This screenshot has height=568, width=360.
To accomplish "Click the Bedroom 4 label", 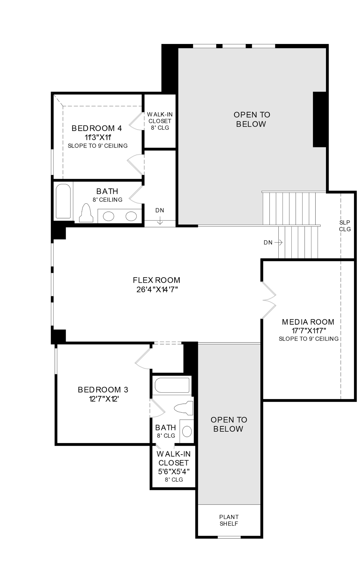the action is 97,128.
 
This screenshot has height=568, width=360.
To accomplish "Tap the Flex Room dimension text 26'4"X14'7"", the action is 157,290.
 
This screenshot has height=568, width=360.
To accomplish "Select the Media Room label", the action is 308,322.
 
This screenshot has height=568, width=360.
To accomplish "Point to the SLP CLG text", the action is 345,226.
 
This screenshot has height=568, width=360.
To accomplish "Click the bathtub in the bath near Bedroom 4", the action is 63,201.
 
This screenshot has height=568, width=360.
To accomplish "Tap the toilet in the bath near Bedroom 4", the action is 86,213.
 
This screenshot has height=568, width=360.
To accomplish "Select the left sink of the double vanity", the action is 108,217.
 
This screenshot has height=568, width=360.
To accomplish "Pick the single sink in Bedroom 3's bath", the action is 187,431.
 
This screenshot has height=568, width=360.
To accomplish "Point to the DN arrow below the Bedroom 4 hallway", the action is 160,221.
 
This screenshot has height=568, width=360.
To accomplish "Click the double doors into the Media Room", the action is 269,300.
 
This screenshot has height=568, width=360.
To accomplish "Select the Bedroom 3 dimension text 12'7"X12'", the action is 104,399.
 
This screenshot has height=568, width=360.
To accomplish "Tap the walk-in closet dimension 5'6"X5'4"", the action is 174,472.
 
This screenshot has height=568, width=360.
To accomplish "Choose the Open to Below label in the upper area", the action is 252,119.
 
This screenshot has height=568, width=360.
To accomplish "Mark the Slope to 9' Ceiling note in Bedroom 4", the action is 98,146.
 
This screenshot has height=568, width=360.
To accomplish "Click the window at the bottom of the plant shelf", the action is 229,537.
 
